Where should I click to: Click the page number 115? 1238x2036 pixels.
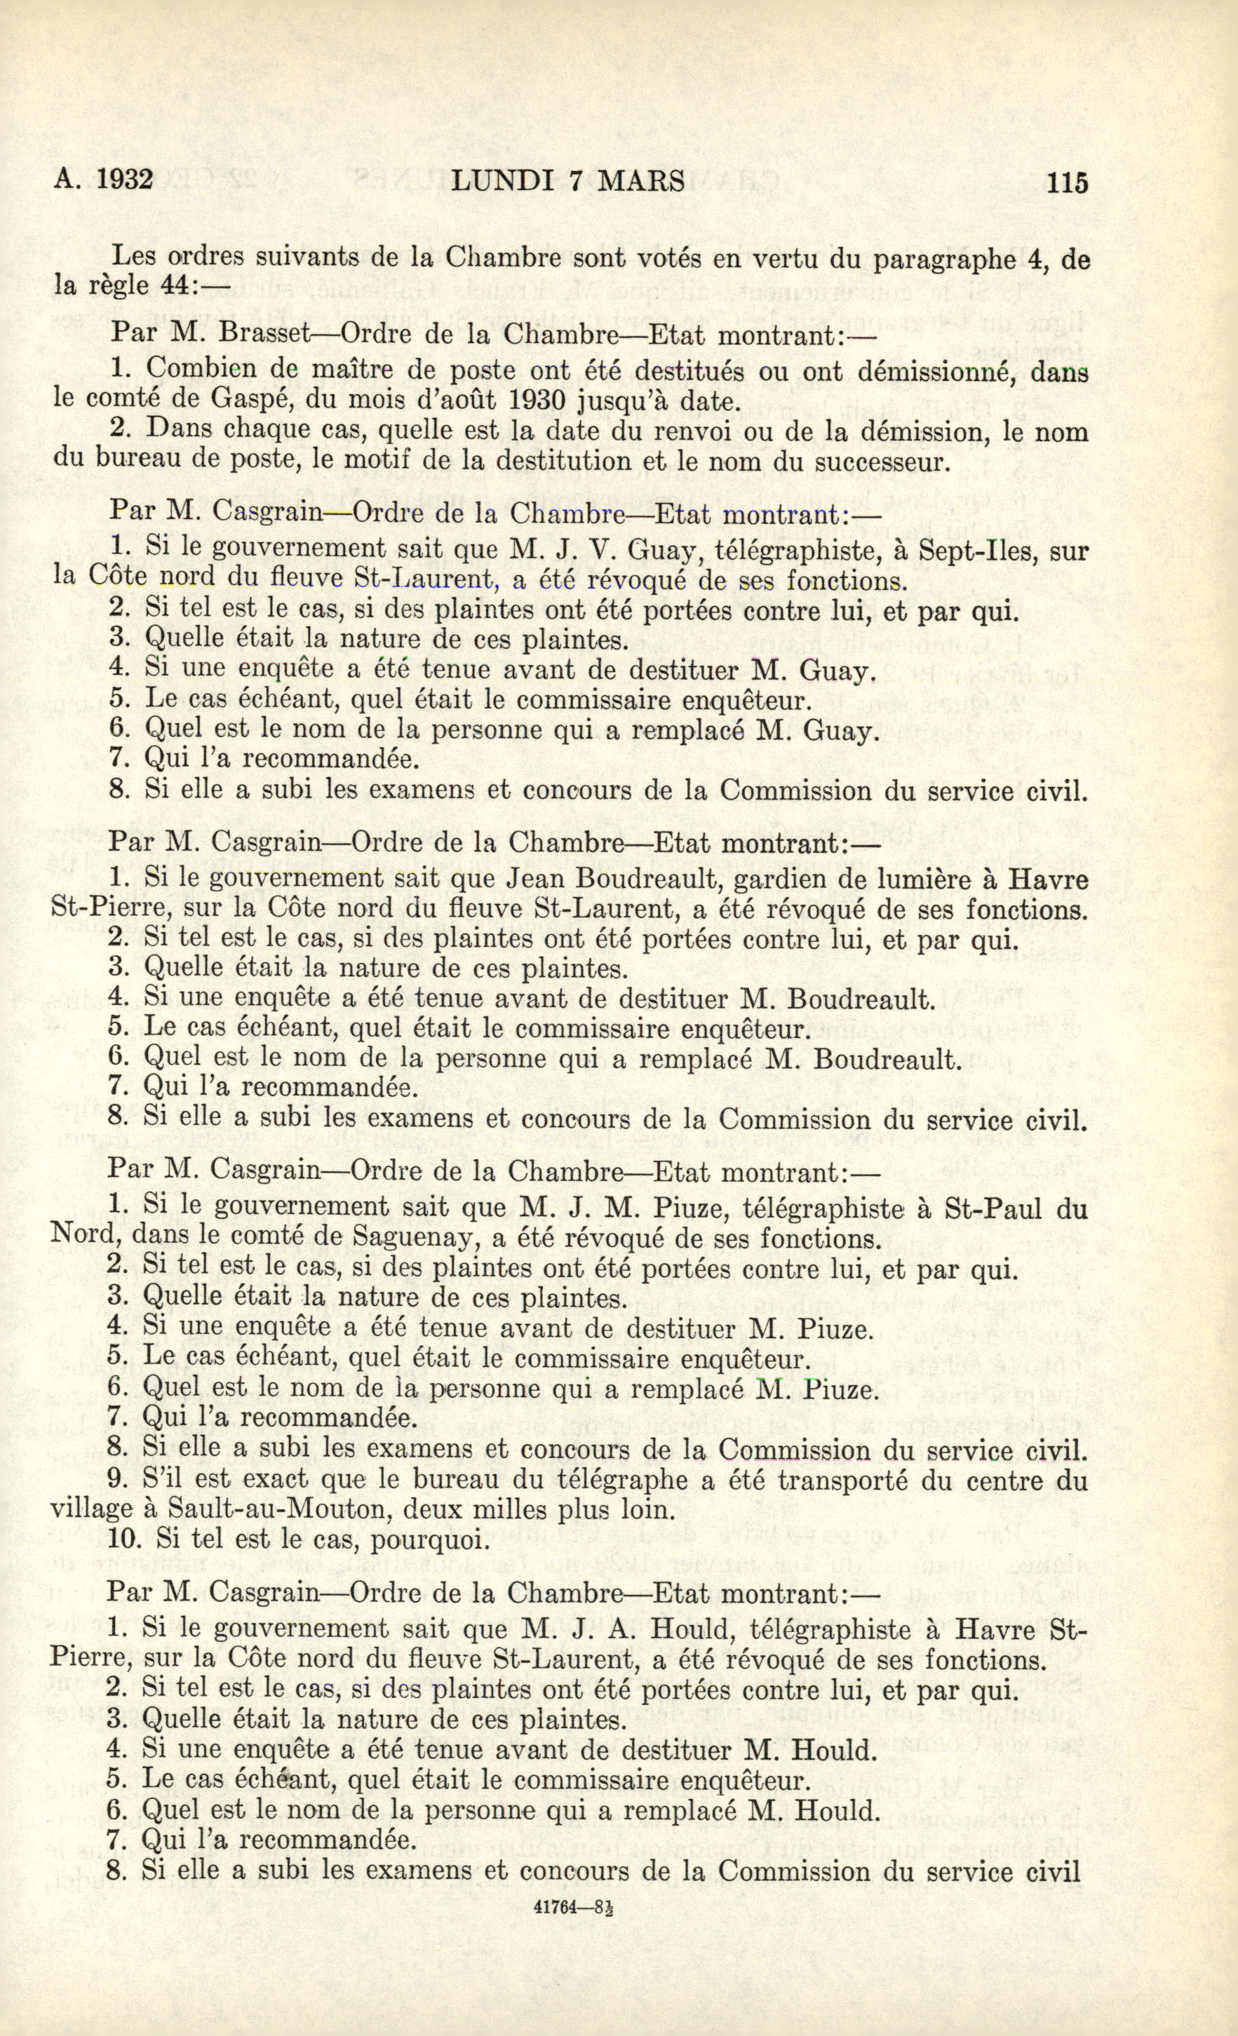[1067, 182]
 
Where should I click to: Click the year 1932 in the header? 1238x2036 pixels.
[126, 180]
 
